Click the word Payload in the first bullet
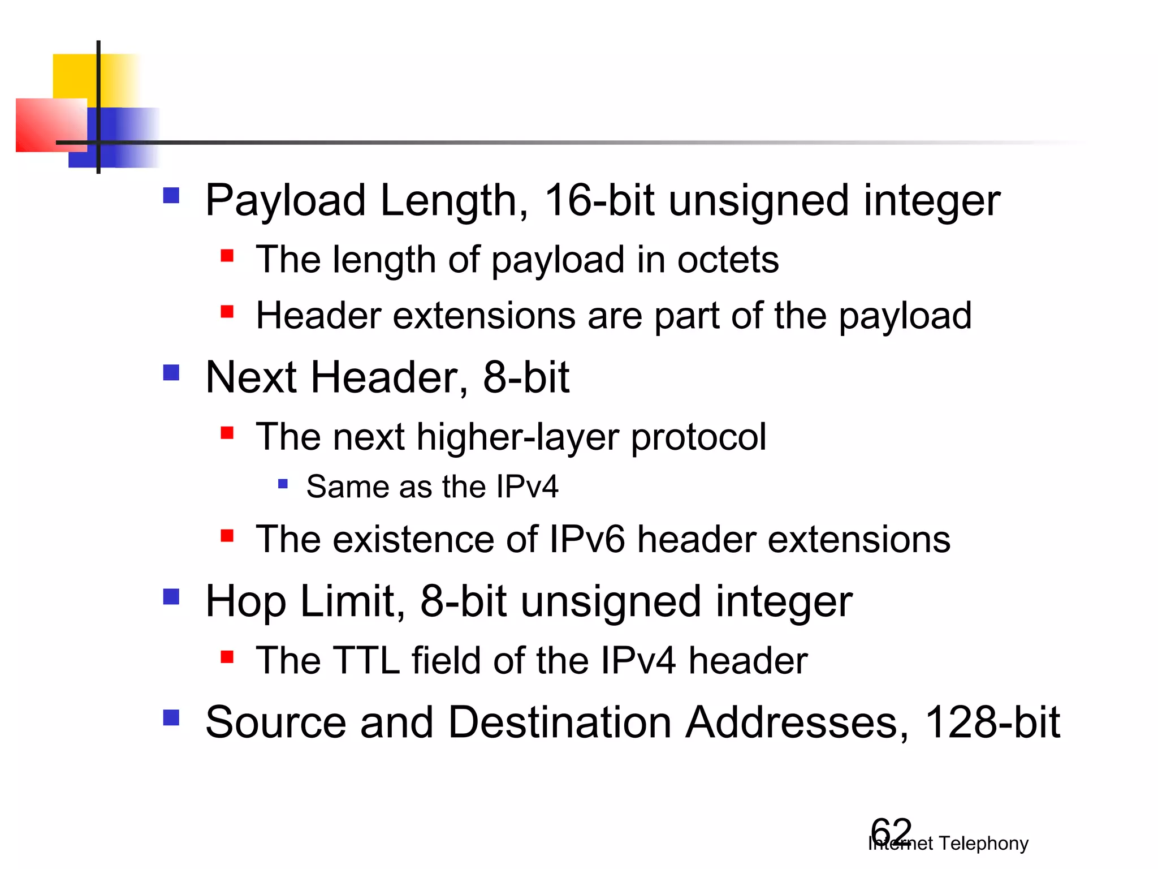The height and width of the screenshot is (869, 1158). click(x=285, y=201)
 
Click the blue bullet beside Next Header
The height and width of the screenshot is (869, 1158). click(x=171, y=372)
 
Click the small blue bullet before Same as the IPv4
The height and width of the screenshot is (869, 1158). click(x=283, y=484)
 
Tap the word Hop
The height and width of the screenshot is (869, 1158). click(x=245, y=602)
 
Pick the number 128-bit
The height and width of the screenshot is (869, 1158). click(x=992, y=722)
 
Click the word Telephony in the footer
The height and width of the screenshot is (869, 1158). click(x=983, y=844)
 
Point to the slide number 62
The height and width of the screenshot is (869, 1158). click(x=891, y=832)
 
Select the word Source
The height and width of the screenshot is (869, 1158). click(x=275, y=722)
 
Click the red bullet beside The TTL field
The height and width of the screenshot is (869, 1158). click(x=227, y=657)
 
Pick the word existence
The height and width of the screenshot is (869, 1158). click(x=413, y=539)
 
